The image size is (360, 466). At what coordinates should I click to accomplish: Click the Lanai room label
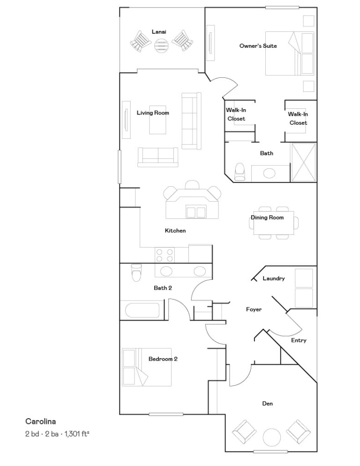coord(159,32)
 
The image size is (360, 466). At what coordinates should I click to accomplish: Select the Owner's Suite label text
coord(258,46)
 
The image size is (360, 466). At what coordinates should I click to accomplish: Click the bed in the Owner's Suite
coord(290,53)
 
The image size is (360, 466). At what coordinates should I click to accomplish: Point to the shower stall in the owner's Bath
coord(303,162)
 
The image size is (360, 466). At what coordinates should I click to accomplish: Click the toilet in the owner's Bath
coord(240,172)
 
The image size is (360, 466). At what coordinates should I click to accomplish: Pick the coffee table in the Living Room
coord(157,120)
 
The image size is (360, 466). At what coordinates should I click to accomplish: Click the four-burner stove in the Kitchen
coord(165,256)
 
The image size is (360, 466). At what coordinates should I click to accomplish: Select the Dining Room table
coord(273,223)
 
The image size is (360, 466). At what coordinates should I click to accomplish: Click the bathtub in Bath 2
coord(142,310)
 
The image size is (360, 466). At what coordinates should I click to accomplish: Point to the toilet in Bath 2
coord(136,272)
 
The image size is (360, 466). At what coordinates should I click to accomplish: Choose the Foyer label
coord(254,309)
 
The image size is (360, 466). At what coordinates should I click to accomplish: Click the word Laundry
coord(274,278)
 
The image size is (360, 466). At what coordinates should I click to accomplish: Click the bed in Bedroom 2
coord(147,367)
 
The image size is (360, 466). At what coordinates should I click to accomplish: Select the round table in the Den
coord(272,437)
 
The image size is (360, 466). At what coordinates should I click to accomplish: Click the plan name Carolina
coord(41,421)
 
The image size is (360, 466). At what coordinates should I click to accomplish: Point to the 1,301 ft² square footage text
coord(77,434)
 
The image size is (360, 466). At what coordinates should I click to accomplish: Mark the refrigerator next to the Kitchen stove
coord(200,254)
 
